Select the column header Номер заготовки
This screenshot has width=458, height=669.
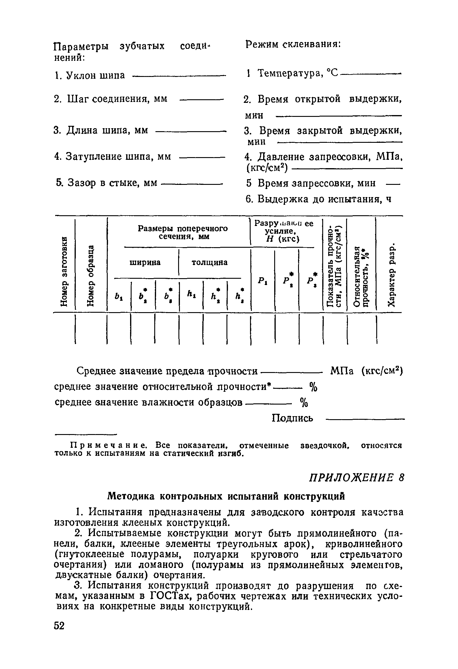coord(64,270)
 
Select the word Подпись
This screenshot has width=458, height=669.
coord(292,418)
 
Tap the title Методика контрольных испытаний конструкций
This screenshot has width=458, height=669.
coord(226,496)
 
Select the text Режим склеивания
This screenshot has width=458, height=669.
coord(293,45)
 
